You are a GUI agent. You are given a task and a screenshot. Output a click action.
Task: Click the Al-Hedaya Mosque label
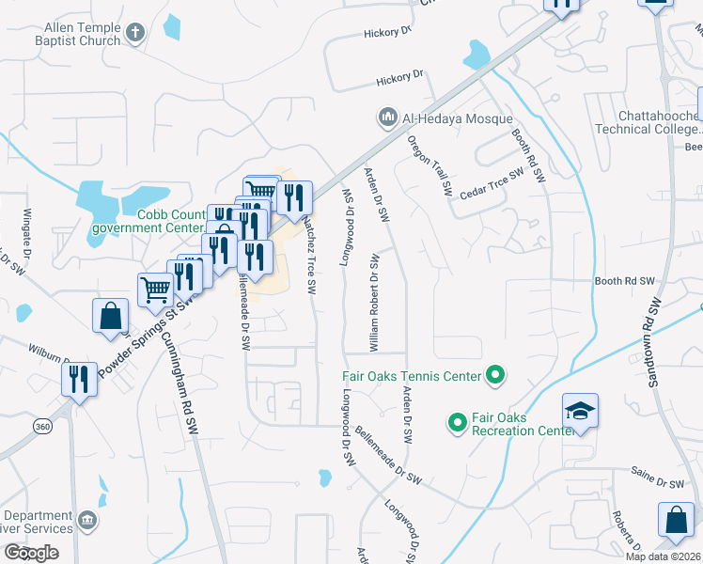click(458, 119)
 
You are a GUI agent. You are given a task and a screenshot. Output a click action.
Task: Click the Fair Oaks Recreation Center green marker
click(457, 423)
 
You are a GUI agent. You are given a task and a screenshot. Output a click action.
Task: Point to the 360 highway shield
click(42, 426)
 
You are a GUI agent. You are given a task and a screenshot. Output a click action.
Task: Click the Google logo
click(31, 553)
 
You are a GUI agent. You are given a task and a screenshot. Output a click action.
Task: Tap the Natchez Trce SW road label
click(308, 252)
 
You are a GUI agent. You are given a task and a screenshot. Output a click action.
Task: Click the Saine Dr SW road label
click(658, 483)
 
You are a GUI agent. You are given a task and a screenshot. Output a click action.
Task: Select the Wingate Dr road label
click(27, 240)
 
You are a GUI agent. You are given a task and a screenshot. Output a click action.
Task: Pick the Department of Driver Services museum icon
click(87, 521)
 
